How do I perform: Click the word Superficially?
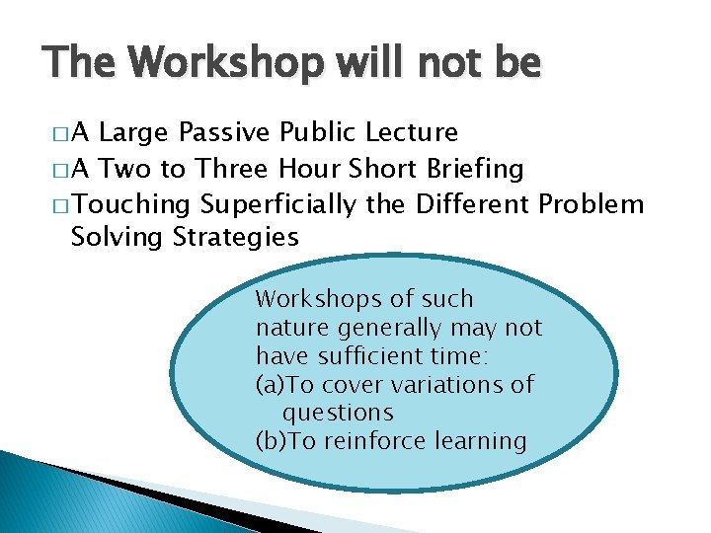(278, 204)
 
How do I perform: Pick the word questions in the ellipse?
(338, 413)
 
